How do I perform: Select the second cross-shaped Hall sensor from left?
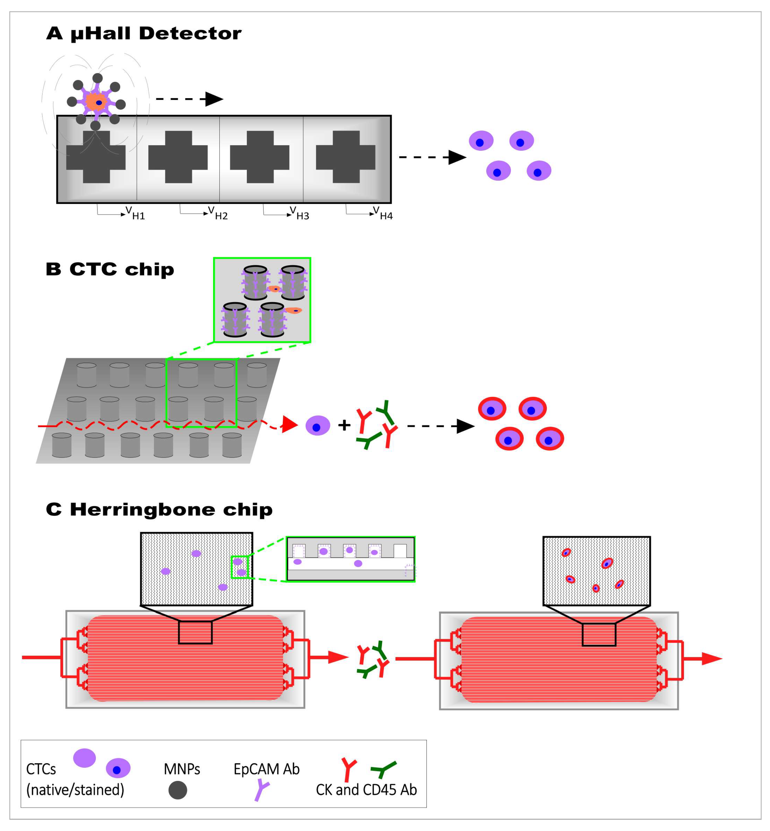coord(178,157)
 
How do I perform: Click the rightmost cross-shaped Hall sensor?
coord(346,157)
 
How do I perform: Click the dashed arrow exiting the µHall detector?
coord(432,157)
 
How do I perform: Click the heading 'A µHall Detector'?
coord(144,33)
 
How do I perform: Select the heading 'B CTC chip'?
coord(110,269)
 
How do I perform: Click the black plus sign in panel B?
coord(344,425)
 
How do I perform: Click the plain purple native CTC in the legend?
coord(85,758)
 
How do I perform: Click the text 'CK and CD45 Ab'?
coord(366,790)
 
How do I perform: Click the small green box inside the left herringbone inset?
coord(240,567)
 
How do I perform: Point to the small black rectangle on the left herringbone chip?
coord(195,632)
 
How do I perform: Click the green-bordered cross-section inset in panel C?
coord(350,559)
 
